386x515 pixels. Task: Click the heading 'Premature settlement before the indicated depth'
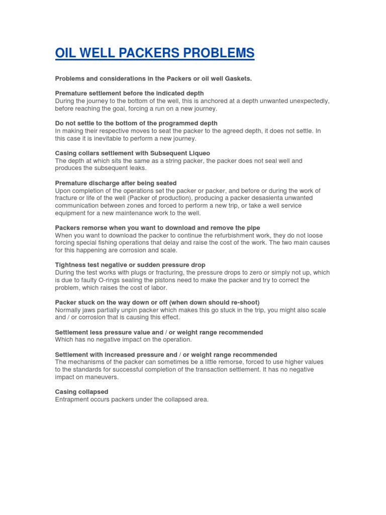point(129,93)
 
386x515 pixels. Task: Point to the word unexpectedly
point(307,101)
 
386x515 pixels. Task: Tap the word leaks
point(136,168)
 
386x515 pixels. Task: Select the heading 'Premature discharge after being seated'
point(116,183)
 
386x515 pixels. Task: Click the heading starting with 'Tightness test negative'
point(130,265)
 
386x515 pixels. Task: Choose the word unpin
point(133,310)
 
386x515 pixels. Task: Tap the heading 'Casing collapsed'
point(81,392)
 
